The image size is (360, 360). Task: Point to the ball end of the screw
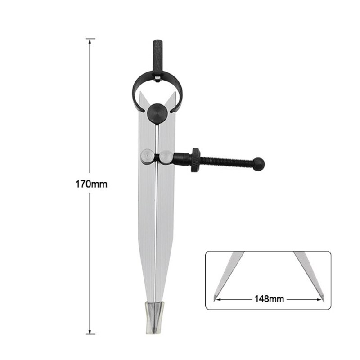click(260, 164)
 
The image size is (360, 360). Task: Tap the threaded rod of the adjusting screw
click(227, 161)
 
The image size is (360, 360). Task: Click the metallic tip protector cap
click(156, 317)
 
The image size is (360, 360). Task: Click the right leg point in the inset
click(323, 297)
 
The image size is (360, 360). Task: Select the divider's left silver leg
click(146, 225)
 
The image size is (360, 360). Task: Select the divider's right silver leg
click(165, 225)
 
